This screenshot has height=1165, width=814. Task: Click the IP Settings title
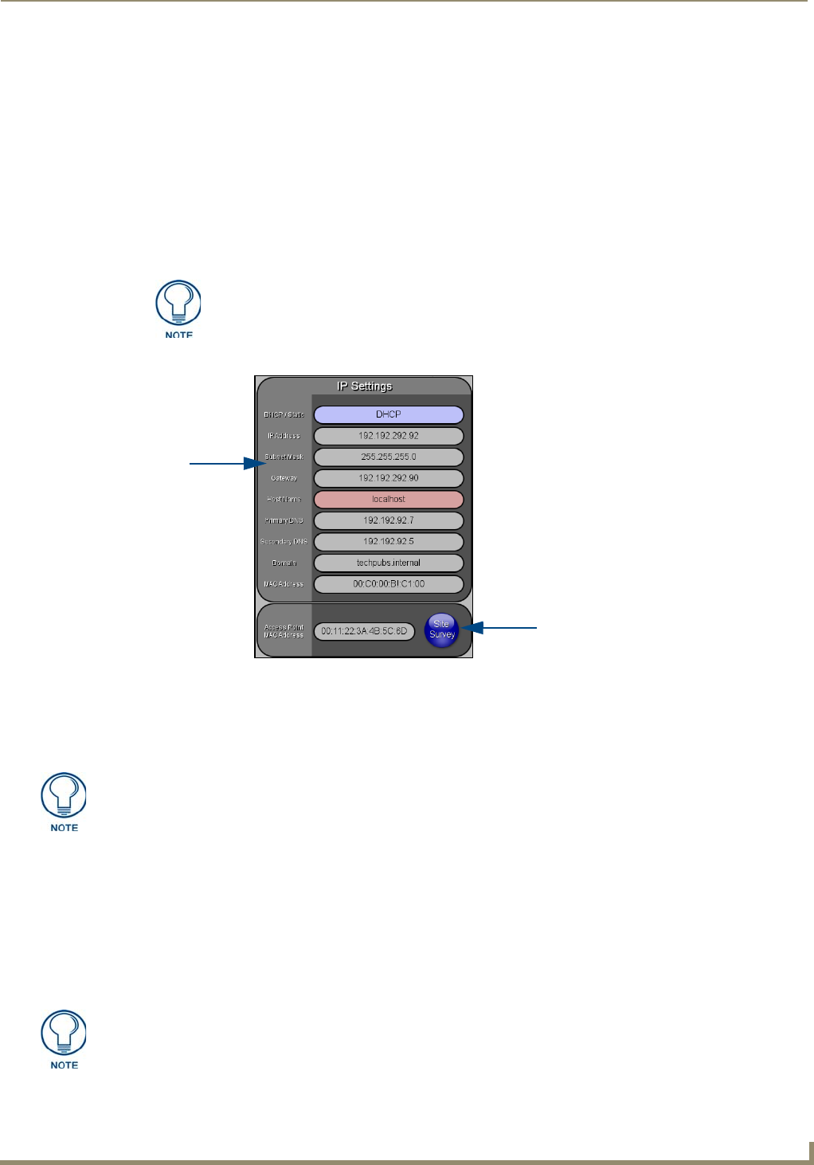(x=364, y=386)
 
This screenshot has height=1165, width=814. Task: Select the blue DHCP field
(x=389, y=414)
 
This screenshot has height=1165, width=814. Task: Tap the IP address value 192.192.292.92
(x=389, y=436)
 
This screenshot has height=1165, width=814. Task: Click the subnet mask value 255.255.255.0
(x=389, y=457)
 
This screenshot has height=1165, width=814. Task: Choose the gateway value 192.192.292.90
(x=389, y=478)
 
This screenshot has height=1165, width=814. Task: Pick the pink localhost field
(x=389, y=500)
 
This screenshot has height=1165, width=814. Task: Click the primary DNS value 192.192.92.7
(x=389, y=520)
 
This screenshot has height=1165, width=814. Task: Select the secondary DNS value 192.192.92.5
(x=389, y=542)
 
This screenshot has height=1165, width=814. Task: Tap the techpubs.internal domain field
(x=389, y=563)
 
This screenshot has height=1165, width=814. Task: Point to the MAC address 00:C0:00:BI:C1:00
(x=389, y=584)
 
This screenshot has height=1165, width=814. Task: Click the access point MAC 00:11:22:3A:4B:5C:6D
(x=364, y=631)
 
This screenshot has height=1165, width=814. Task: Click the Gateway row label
(x=284, y=478)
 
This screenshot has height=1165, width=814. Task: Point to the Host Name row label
(x=284, y=500)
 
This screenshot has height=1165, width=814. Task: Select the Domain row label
(x=284, y=563)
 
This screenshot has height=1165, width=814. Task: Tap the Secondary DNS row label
(x=284, y=542)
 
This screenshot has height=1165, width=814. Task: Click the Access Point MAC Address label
(x=284, y=631)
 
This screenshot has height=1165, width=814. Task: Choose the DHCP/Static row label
(x=284, y=414)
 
